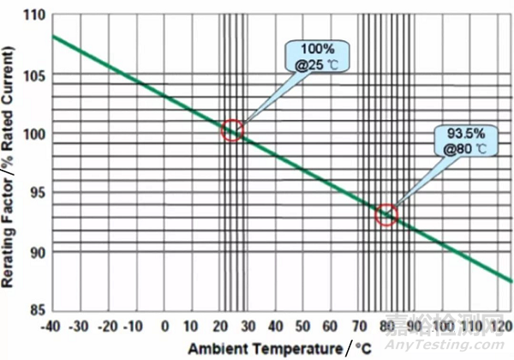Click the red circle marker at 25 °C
(x=232, y=130)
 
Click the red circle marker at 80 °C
(x=387, y=214)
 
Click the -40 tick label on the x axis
(x=52, y=327)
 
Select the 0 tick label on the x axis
(x=166, y=327)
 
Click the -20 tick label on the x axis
(x=108, y=327)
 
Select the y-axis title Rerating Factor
(x=11, y=163)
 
